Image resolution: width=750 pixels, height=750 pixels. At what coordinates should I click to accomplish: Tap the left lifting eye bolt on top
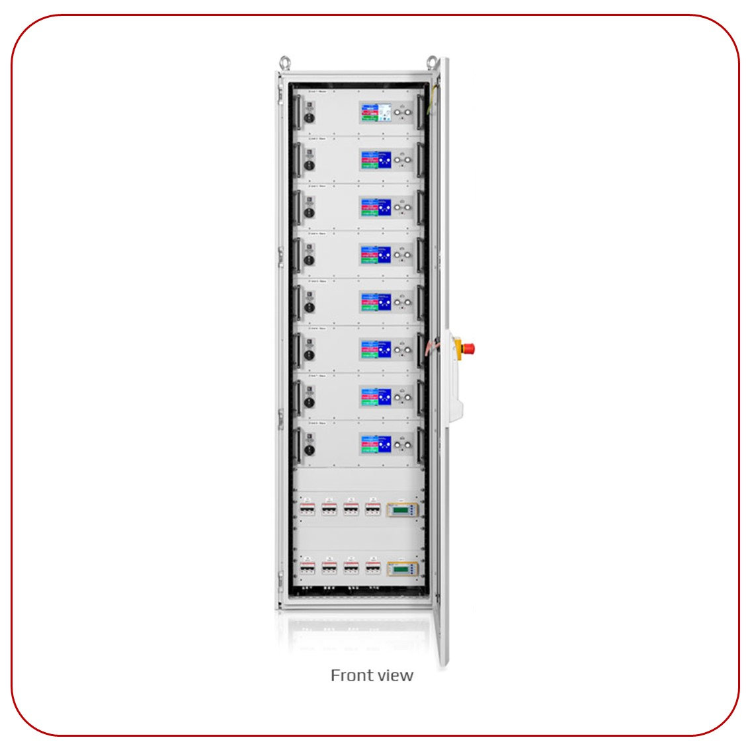tap(285, 63)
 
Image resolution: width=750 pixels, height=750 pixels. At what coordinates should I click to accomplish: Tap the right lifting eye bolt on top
tap(432, 63)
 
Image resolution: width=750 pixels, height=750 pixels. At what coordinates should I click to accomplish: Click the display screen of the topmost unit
tap(375, 113)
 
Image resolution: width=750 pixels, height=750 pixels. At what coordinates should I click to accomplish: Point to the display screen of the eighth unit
tap(375, 444)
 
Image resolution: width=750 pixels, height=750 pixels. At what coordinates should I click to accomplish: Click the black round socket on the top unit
tap(309, 119)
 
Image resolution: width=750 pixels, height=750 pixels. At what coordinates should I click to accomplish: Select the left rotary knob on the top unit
tap(398, 113)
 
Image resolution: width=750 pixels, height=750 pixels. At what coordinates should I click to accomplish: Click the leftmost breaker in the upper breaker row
tap(308, 509)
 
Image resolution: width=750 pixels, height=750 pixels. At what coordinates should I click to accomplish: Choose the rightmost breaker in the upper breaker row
tap(373, 509)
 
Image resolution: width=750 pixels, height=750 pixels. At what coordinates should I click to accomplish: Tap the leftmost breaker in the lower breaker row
tap(308, 567)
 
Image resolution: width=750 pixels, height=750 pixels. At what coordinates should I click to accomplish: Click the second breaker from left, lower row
tap(329, 567)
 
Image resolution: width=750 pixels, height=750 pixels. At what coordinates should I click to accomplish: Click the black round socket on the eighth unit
tap(309, 450)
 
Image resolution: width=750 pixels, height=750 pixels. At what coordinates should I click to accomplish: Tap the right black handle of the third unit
tap(419, 206)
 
